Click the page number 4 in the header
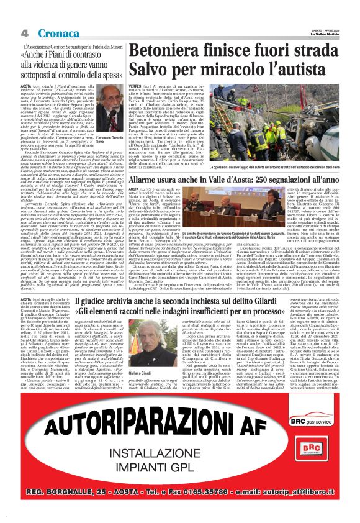(24, 32)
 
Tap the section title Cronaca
(52, 32)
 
